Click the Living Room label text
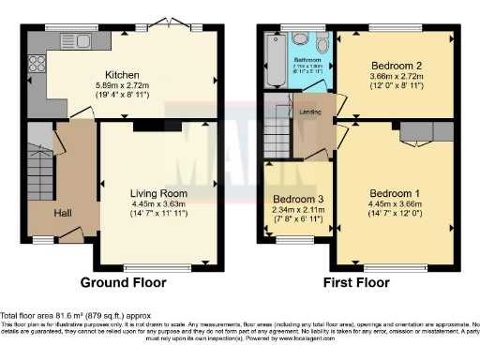(x=154, y=194)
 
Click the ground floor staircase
(x=39, y=172)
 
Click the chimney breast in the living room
(x=145, y=125)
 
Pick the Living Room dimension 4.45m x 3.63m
(x=154, y=204)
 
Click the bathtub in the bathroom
(x=276, y=58)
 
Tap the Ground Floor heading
(x=123, y=282)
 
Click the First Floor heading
(x=356, y=282)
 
